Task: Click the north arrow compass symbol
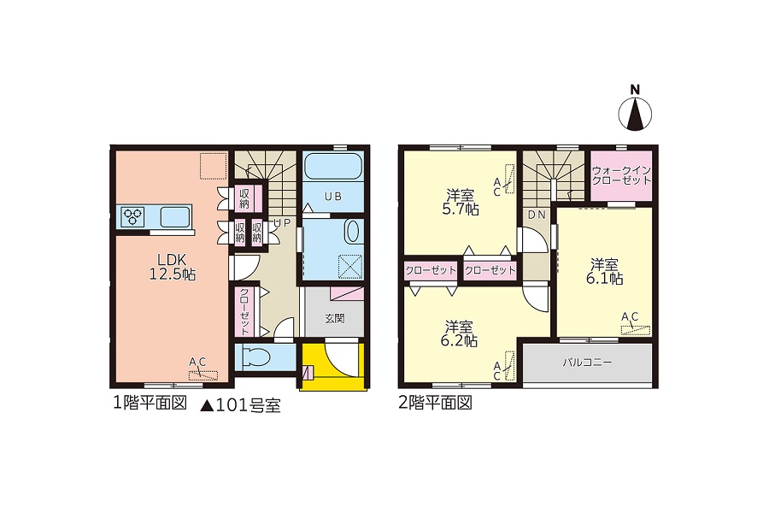pyautogui.click(x=635, y=115)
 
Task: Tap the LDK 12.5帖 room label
pyautogui.click(x=172, y=267)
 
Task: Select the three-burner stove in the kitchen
pyautogui.click(x=133, y=216)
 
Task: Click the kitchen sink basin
pyautogui.click(x=175, y=216)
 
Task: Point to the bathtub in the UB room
pyautogui.click(x=333, y=167)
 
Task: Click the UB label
pyautogui.click(x=333, y=197)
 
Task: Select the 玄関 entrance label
pyautogui.click(x=334, y=318)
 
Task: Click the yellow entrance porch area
pyautogui.click(x=333, y=366)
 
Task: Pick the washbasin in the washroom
pyautogui.click(x=352, y=231)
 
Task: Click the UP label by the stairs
pyautogui.click(x=282, y=223)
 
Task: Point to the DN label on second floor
pyautogui.click(x=537, y=215)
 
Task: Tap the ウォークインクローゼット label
pyautogui.click(x=621, y=175)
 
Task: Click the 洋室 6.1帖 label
pyautogui.click(x=604, y=272)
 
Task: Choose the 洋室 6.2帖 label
pyautogui.click(x=459, y=333)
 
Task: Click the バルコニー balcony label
pyautogui.click(x=587, y=363)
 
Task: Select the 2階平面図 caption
pyautogui.click(x=435, y=403)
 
